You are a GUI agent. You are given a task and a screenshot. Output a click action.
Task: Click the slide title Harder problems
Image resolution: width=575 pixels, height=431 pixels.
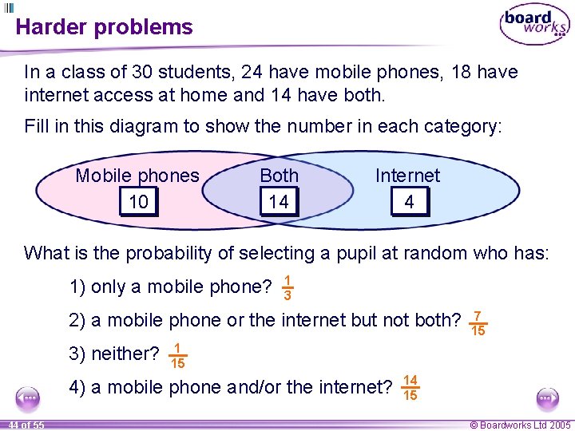[104, 27]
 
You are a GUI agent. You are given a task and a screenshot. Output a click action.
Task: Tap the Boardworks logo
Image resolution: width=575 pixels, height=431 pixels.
[534, 25]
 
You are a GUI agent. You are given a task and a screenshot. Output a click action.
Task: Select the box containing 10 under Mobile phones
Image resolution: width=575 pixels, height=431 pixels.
[139, 202]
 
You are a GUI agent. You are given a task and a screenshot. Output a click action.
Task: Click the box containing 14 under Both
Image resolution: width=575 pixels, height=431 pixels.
[279, 202]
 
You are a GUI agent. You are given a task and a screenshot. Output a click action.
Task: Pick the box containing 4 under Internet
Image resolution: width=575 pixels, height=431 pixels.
[409, 202]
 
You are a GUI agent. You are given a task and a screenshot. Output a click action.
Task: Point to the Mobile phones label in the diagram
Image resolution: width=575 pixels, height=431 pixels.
[137, 176]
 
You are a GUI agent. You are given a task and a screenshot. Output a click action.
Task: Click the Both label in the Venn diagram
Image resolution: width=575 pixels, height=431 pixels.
[279, 176]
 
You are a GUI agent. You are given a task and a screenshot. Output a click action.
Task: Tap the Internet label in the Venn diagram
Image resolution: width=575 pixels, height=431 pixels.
[407, 176]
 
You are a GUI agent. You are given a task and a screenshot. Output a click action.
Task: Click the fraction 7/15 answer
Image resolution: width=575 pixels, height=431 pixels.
[478, 322]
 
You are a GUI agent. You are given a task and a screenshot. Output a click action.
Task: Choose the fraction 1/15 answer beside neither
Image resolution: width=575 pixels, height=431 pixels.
[178, 355]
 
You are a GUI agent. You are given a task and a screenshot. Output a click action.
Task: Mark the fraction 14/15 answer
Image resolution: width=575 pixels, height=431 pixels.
[410, 388]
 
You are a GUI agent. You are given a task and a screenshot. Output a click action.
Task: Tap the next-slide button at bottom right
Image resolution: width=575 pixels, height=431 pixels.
[547, 397]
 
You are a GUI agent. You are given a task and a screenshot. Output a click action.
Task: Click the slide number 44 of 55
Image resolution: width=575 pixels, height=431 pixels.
[23, 425]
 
